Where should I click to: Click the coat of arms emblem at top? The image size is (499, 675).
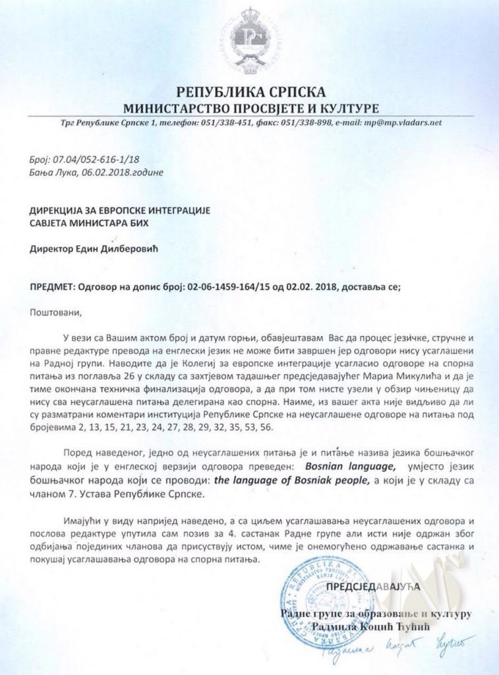pyautogui.click(x=249, y=40)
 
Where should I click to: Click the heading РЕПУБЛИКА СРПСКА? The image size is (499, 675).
pyautogui.click(x=250, y=92)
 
